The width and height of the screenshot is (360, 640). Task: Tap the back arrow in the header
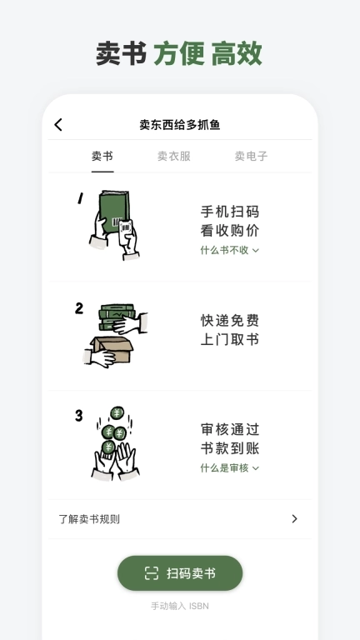pyautogui.click(x=58, y=125)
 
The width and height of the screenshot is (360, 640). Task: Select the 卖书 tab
pyautogui.click(x=102, y=156)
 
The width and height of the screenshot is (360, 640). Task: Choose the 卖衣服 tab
pyautogui.click(x=174, y=156)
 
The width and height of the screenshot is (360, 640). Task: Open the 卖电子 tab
pyautogui.click(x=251, y=156)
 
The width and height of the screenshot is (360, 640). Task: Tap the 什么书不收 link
pyautogui.click(x=229, y=250)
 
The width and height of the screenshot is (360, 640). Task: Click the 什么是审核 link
pyautogui.click(x=229, y=468)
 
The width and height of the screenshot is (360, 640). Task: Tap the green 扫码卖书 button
pyautogui.click(x=180, y=573)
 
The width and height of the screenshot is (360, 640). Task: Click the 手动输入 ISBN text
pyautogui.click(x=180, y=606)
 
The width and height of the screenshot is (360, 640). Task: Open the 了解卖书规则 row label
pyautogui.click(x=89, y=519)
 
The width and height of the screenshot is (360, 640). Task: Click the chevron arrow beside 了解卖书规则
pyautogui.click(x=294, y=519)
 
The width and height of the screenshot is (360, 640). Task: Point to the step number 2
pyautogui.click(x=79, y=308)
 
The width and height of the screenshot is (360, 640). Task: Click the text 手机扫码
pyautogui.click(x=229, y=212)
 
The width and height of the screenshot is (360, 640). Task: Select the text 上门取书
pyautogui.click(x=229, y=340)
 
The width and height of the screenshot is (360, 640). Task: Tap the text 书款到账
pyautogui.click(x=229, y=449)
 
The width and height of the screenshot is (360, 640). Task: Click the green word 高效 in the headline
pyautogui.click(x=237, y=53)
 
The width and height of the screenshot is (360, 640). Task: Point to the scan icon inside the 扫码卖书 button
pyautogui.click(x=151, y=573)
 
